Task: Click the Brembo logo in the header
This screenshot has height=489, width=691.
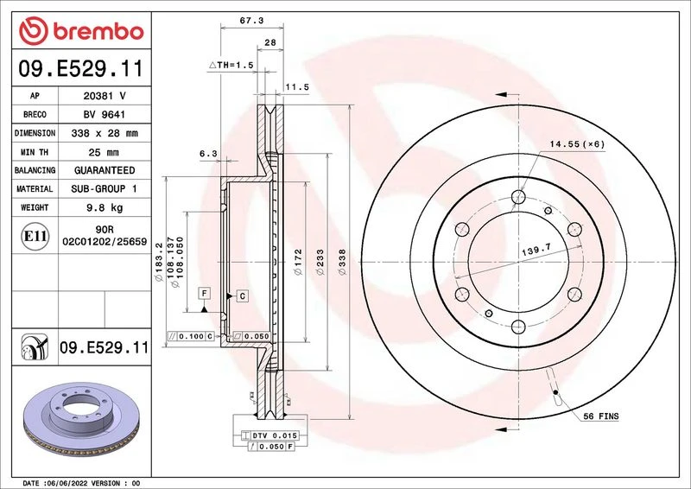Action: pyautogui.click(x=81, y=31)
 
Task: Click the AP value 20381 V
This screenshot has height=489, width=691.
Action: pyautogui.click(x=105, y=96)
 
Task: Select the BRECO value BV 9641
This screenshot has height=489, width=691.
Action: pyautogui.click(x=105, y=115)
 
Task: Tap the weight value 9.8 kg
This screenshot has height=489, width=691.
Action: pyautogui.click(x=105, y=207)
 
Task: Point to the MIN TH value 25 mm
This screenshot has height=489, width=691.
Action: pyautogui.click(x=104, y=152)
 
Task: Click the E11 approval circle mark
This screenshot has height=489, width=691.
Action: pyautogui.click(x=35, y=237)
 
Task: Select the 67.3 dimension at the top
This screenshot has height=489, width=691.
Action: pyautogui.click(x=251, y=20)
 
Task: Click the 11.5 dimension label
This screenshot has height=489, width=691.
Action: pyautogui.click(x=297, y=87)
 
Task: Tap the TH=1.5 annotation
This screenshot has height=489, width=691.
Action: pyautogui.click(x=231, y=66)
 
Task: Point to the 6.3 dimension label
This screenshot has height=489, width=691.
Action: pyautogui.click(x=208, y=154)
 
